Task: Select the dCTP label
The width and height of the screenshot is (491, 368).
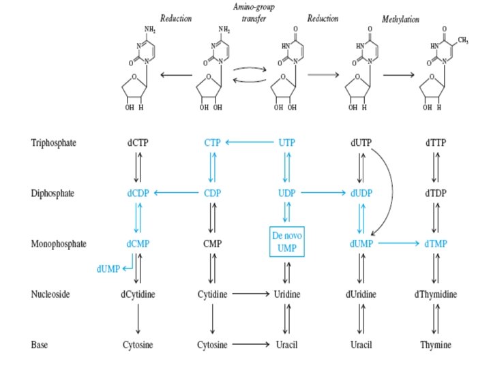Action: pyautogui.click(x=138, y=142)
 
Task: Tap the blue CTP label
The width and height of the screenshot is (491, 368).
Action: pyautogui.click(x=212, y=142)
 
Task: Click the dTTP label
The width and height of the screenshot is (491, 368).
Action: pyautogui.click(x=436, y=142)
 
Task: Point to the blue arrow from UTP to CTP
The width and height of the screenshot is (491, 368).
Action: pyautogui.click(x=250, y=142)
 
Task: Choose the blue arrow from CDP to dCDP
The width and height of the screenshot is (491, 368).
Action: pyautogui.click(x=177, y=193)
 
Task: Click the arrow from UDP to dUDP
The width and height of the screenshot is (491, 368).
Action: pyautogui.click(x=323, y=193)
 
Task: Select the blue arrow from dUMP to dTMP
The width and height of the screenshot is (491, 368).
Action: pyautogui.click(x=399, y=243)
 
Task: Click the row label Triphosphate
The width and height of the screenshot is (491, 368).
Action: pyautogui.click(x=54, y=142)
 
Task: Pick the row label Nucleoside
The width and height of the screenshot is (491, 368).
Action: pyautogui.click(x=50, y=294)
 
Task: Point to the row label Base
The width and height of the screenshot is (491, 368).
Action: pyautogui.click(x=40, y=345)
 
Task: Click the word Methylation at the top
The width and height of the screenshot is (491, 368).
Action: pyautogui.click(x=400, y=19)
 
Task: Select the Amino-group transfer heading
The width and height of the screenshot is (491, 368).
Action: pyautogui.click(x=254, y=12)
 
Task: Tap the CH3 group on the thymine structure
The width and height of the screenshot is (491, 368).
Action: pyautogui.click(x=463, y=40)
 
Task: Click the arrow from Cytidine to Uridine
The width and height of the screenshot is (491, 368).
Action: pyautogui.click(x=251, y=294)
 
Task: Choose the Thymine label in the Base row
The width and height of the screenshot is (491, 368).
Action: pyautogui.click(x=436, y=345)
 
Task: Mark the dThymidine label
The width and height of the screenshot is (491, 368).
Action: pyautogui.click(x=436, y=294)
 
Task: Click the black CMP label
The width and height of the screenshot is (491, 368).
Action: pyautogui.click(x=212, y=243)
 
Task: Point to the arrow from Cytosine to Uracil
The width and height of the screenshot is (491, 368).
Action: pyautogui.click(x=251, y=344)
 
